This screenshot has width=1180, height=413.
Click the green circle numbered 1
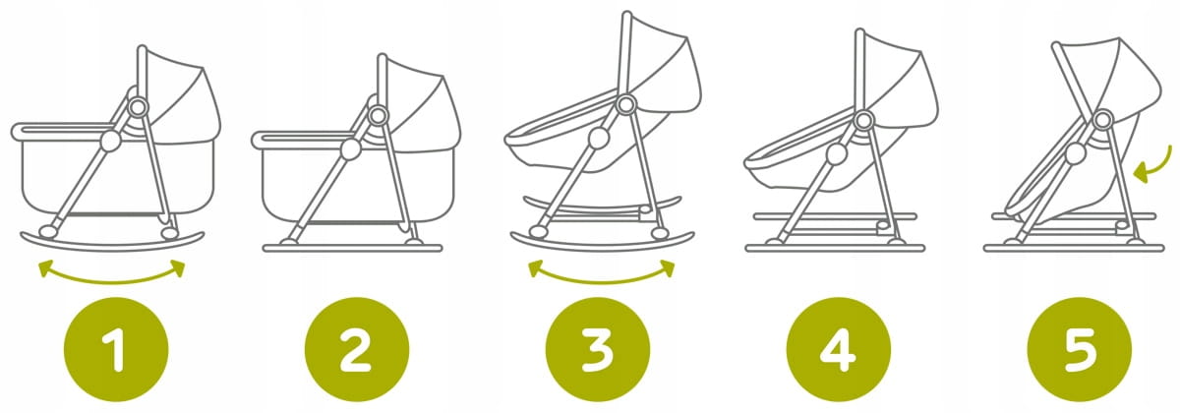tap(116, 349)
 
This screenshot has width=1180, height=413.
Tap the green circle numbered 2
tap(357, 349)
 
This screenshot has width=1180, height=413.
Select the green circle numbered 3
tap(598, 349)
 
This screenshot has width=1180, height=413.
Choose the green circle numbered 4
tap(838, 349)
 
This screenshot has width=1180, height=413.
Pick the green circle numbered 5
tap(1080, 349)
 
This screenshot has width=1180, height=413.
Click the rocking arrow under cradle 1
tap(112, 282)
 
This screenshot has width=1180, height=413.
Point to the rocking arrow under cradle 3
tap(602, 282)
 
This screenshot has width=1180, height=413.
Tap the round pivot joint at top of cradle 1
tap(138, 108)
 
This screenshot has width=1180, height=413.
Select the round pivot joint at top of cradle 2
tap(378, 115)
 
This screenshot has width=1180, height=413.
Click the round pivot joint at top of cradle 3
tap(625, 105)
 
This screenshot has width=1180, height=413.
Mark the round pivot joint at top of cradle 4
tap(863, 121)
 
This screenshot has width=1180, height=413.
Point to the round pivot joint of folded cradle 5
tap(1103, 119)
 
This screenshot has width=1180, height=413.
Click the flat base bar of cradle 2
tap(352, 248)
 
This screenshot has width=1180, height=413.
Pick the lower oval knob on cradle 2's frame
tap(350, 149)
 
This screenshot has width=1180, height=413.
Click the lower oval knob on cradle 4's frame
tap(836, 153)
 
